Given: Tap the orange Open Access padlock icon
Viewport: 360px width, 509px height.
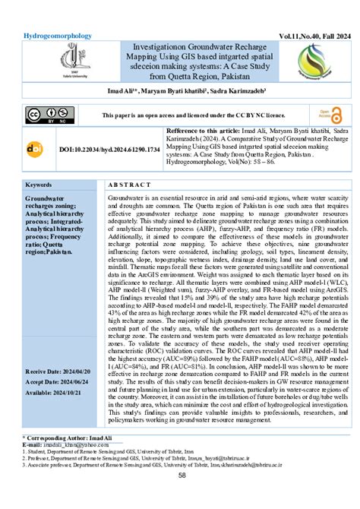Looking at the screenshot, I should (327, 115).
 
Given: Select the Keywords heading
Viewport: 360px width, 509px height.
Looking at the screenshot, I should (39, 185).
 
